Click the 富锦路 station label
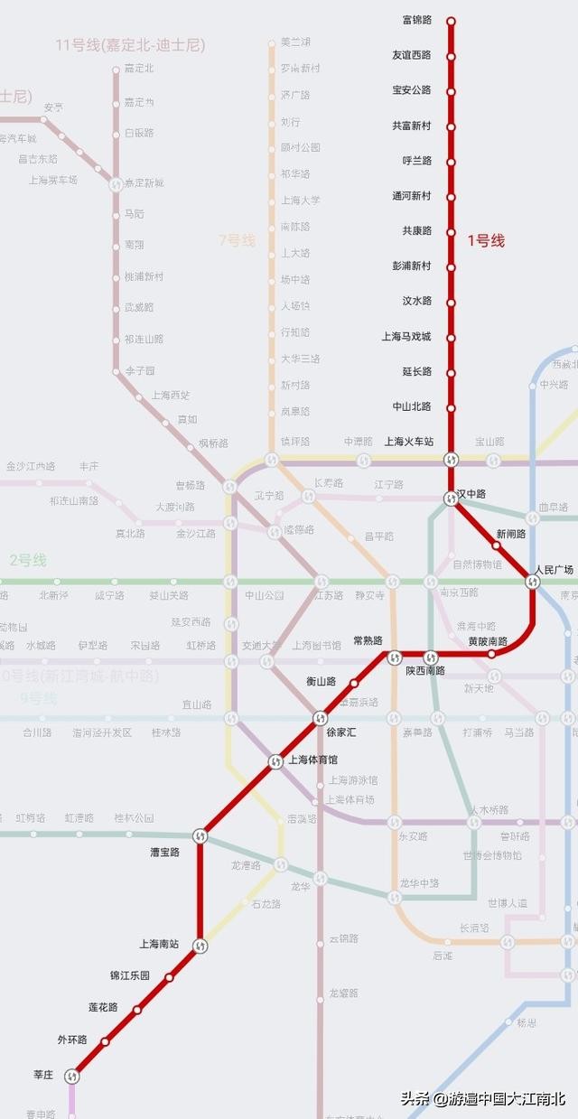(416, 20)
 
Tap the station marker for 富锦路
(451, 21)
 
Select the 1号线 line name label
(486, 240)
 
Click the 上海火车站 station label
(409, 442)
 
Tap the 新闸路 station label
(511, 534)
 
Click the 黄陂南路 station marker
(492, 653)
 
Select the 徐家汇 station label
(340, 732)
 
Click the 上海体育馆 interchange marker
(275, 762)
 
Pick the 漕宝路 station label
(164, 852)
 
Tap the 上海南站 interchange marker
(200, 946)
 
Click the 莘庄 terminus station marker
(72, 1076)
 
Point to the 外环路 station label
(72, 1040)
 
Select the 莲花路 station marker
(137, 1010)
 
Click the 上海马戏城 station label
(406, 336)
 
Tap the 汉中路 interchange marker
(451, 498)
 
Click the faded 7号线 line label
(237, 240)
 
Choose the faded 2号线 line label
(28, 560)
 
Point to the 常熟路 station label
(368, 640)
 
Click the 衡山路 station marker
(354, 684)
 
